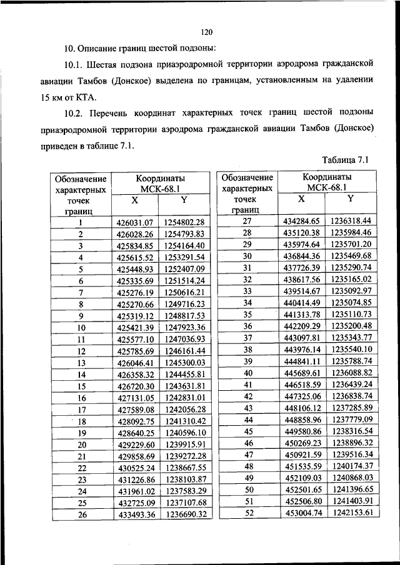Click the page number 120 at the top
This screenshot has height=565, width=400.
(207, 32)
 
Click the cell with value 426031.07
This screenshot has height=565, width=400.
(135, 222)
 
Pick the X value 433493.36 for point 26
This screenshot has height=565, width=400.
(135, 514)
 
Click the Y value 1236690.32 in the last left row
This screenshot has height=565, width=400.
(184, 514)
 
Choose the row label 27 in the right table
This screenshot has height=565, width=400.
(247, 221)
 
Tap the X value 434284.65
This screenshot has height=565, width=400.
(301, 221)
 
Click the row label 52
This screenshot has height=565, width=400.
(247, 513)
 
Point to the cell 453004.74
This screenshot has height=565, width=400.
(301, 513)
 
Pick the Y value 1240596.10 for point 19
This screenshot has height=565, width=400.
(184, 433)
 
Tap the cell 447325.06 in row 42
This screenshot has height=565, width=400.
(301, 396)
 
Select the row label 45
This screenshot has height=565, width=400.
(247, 431)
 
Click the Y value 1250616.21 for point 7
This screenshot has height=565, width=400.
(184, 293)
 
